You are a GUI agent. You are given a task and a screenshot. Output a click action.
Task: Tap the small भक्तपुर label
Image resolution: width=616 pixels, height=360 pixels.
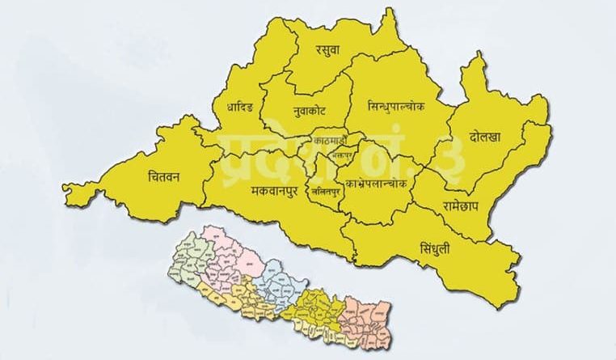(344, 153)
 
